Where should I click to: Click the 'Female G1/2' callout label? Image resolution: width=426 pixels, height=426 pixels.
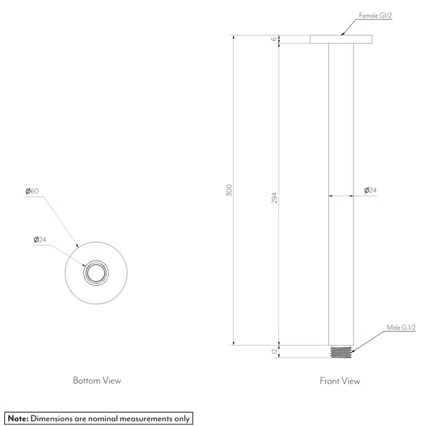[x=376, y=16]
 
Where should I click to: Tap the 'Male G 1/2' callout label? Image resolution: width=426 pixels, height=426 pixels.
[x=401, y=328]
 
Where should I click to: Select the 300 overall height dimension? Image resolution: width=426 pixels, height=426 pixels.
[x=229, y=190]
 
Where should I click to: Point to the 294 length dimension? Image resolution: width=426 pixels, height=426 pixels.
[x=275, y=198]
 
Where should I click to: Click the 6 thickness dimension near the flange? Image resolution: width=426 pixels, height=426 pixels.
[x=274, y=39]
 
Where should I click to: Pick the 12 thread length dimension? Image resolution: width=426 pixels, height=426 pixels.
[x=275, y=351]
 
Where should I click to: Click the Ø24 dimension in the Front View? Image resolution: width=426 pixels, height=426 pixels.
[x=370, y=190]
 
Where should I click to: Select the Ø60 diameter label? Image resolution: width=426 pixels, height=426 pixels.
[x=32, y=191]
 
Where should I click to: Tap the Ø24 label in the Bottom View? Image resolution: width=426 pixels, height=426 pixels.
[x=40, y=240]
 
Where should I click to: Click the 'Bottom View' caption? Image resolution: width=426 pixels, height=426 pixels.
[x=97, y=381]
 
